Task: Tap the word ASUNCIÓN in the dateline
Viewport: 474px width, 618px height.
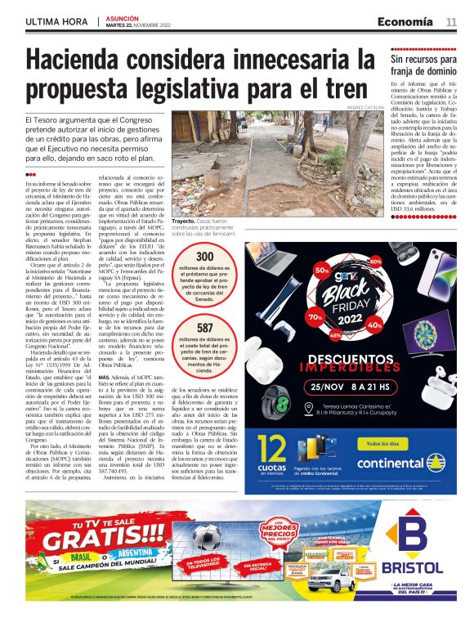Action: click(123, 16)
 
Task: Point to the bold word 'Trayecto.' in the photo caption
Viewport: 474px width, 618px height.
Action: click(187, 221)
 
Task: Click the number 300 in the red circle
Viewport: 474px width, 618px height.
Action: click(205, 257)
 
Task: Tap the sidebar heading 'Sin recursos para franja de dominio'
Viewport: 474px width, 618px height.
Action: click(423, 65)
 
